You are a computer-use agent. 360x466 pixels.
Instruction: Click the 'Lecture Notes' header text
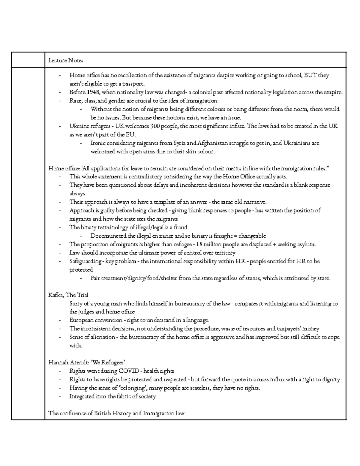(x=66, y=60)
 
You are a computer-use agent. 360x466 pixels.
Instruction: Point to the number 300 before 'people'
(x=155, y=126)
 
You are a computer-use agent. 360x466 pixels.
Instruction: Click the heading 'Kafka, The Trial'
(x=68, y=295)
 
